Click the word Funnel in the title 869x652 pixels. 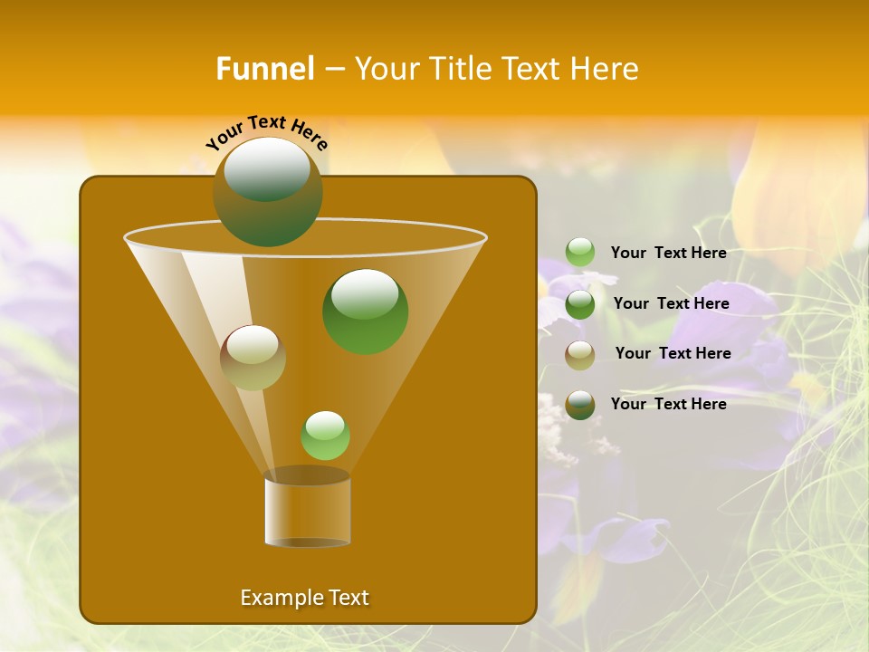tap(264, 69)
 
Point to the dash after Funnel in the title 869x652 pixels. tap(333, 70)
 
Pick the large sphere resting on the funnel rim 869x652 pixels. tap(267, 191)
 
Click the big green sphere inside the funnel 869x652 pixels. tap(365, 311)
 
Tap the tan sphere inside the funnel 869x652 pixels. tap(253, 357)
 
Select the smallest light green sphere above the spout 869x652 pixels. tap(325, 436)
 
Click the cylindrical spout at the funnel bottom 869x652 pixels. tap(308, 509)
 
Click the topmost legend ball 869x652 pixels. tap(580, 253)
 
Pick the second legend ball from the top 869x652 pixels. tap(580, 303)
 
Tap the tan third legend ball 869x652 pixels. tap(580, 354)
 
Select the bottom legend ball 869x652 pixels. tap(580, 405)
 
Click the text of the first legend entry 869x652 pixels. tap(668, 254)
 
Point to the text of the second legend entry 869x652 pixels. tap(671, 303)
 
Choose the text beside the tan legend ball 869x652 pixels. tap(673, 353)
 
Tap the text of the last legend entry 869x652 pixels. tap(668, 404)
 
